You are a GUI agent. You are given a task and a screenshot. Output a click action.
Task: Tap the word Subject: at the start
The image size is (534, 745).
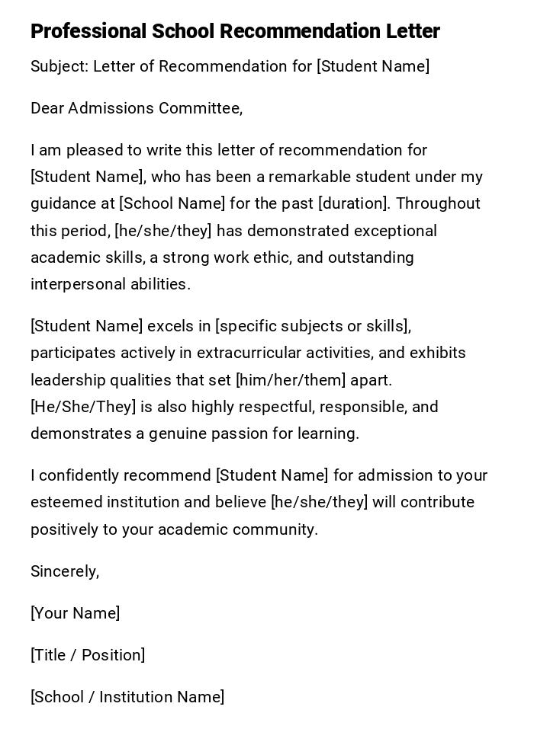(59, 66)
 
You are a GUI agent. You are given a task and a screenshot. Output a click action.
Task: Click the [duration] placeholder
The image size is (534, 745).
(352, 203)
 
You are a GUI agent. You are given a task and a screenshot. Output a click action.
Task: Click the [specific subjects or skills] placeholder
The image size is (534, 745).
(313, 326)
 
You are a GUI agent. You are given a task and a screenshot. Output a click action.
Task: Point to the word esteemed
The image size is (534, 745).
(63, 502)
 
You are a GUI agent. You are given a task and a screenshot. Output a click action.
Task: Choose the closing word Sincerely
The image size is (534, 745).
(64, 571)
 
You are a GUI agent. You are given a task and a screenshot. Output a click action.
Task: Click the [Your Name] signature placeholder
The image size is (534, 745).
(75, 613)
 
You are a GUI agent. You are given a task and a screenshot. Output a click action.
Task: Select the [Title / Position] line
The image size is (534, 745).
(88, 655)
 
